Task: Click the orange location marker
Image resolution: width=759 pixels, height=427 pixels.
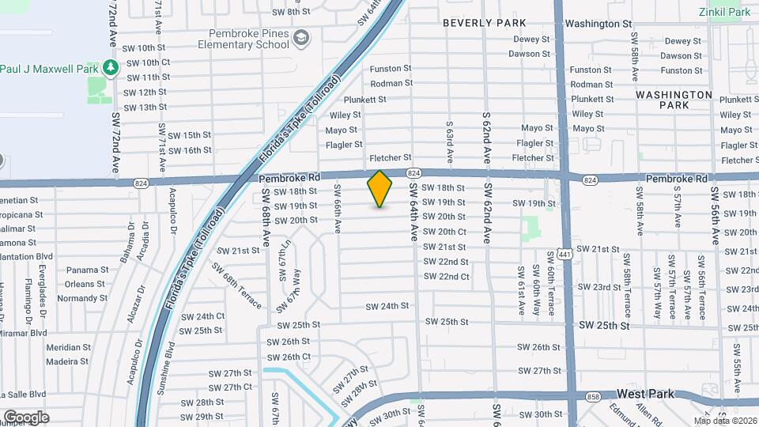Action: [380, 189]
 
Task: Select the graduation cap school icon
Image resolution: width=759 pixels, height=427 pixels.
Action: [301, 38]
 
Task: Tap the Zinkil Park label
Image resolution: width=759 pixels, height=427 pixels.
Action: [724, 12]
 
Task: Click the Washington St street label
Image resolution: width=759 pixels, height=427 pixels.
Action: [599, 25]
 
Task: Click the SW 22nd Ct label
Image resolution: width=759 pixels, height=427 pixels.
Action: [446, 277]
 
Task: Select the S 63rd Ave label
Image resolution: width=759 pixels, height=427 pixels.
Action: [449, 142]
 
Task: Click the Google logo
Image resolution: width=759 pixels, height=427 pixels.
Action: [26, 417]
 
